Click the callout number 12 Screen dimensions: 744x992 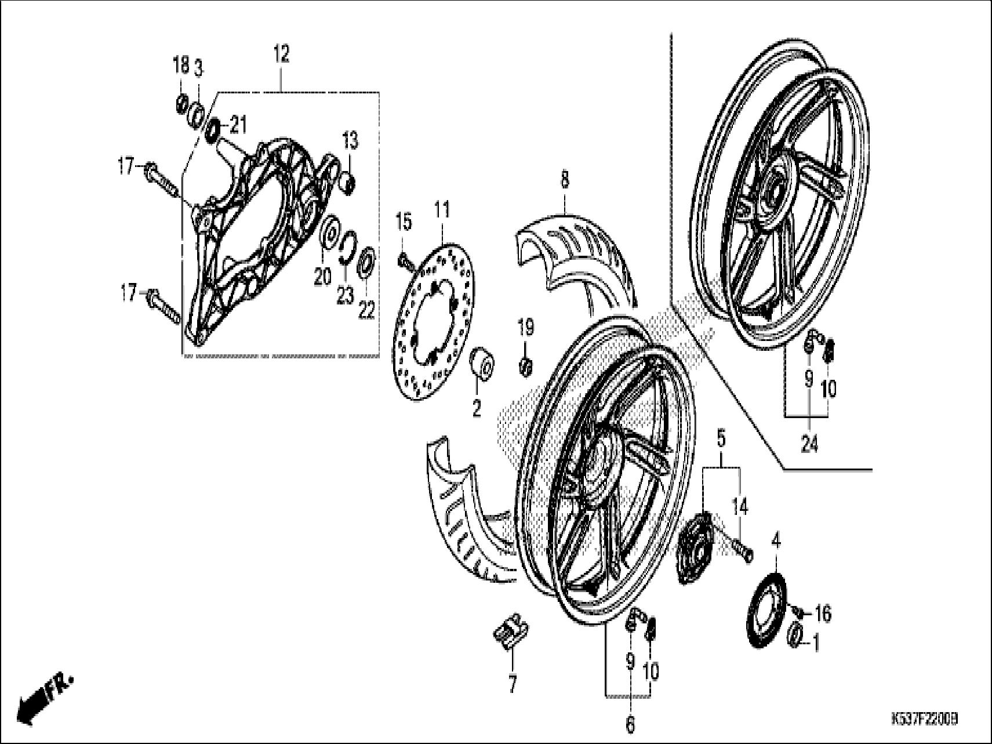point(281,55)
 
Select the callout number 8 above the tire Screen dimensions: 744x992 point(564,180)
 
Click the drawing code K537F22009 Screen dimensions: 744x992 point(924,719)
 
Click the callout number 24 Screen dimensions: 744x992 point(809,445)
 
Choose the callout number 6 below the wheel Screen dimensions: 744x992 point(630,724)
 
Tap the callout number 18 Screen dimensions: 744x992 point(181,66)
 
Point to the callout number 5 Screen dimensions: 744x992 point(721,440)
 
